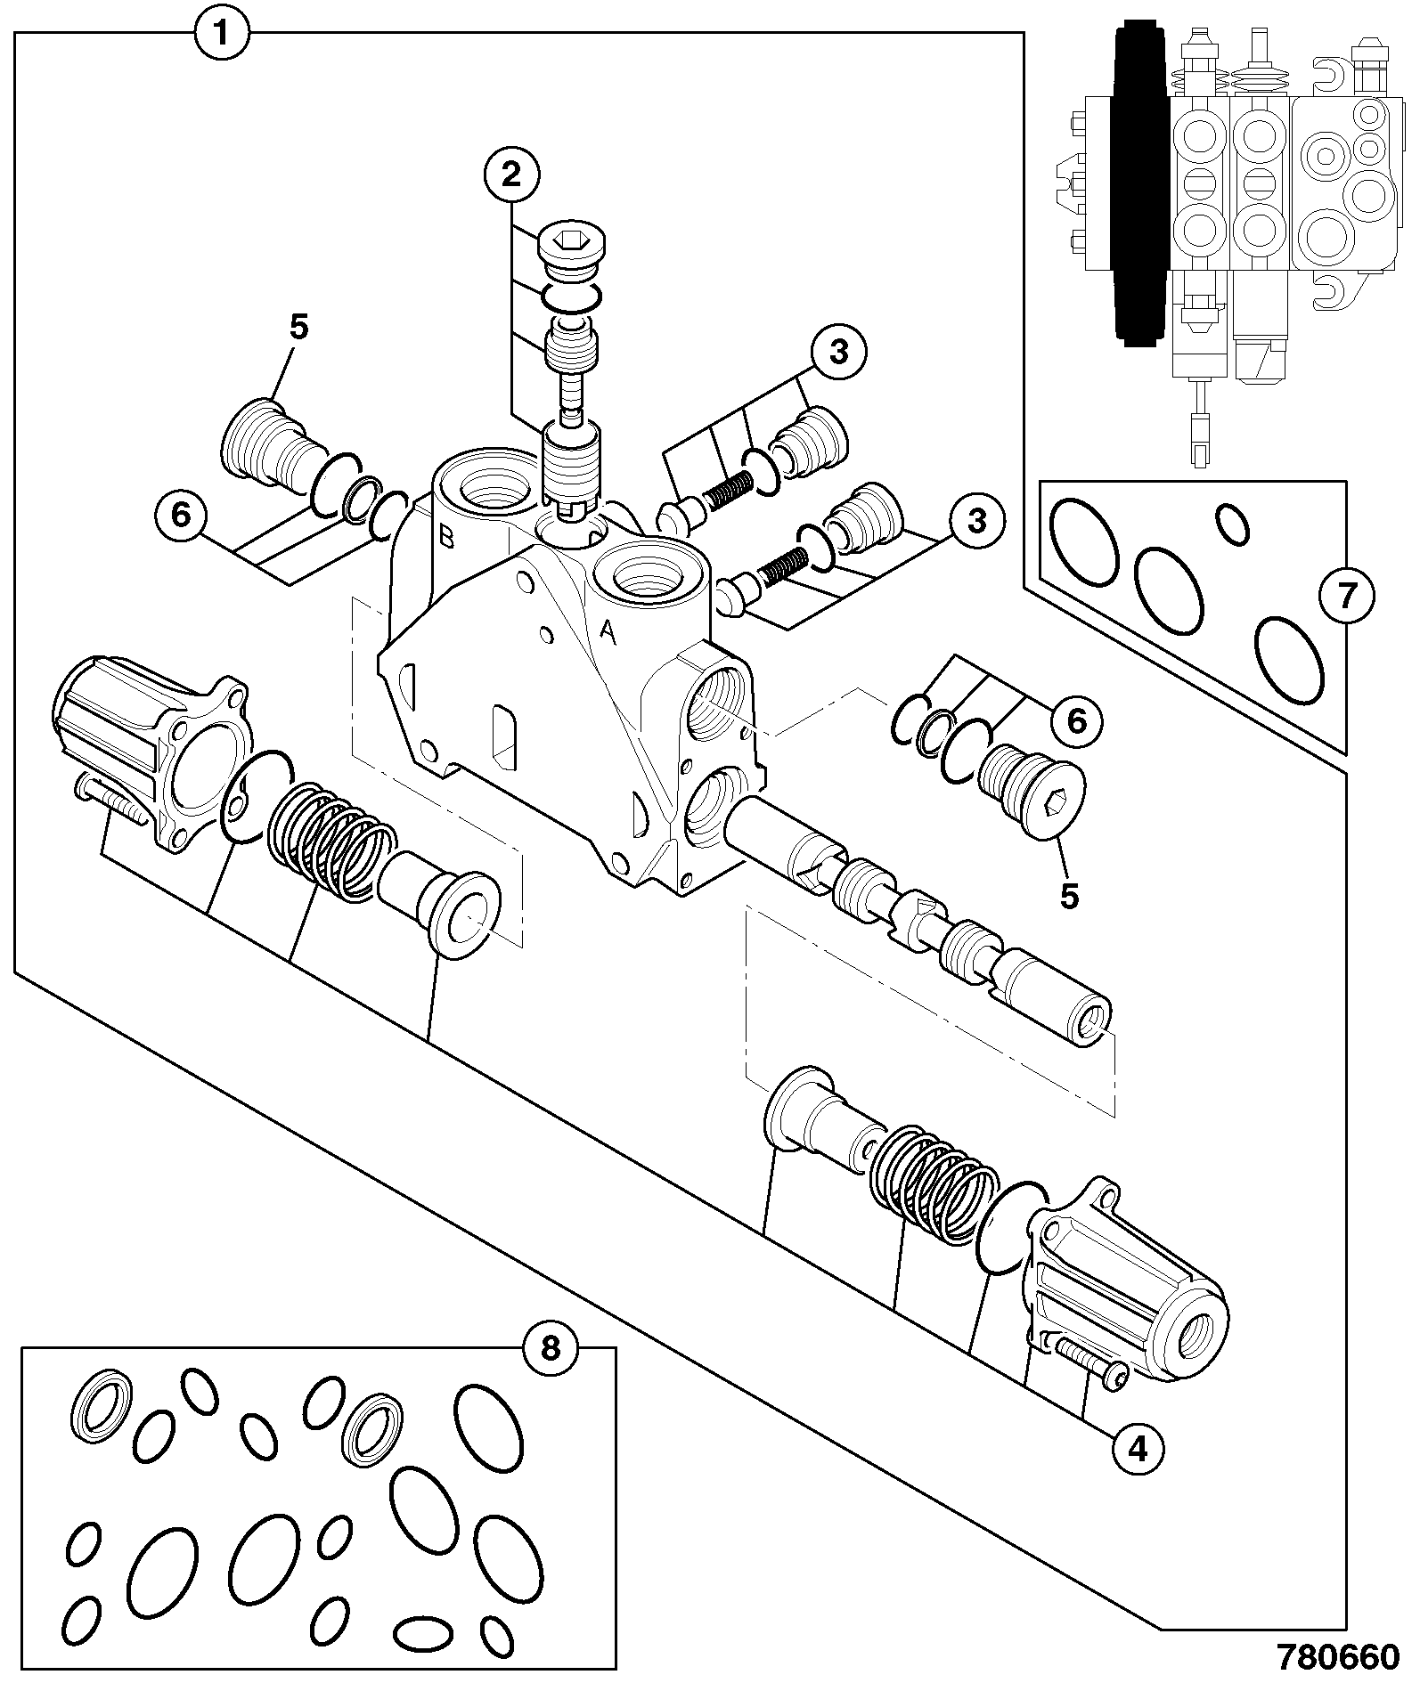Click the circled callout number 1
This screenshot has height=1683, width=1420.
pos(223,34)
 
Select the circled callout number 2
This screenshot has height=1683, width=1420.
pos(510,175)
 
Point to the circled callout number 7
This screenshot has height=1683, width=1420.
pos(1346,596)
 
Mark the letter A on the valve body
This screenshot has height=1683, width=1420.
pos(608,631)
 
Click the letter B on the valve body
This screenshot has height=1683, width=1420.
pos(447,538)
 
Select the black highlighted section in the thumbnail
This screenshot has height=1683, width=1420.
pos(1142,183)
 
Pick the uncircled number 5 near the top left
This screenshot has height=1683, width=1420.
pos(298,327)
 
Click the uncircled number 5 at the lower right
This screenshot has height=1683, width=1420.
pos(1069,896)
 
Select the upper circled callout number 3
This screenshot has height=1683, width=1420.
pos(838,353)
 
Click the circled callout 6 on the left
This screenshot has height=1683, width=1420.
pos(181,516)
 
